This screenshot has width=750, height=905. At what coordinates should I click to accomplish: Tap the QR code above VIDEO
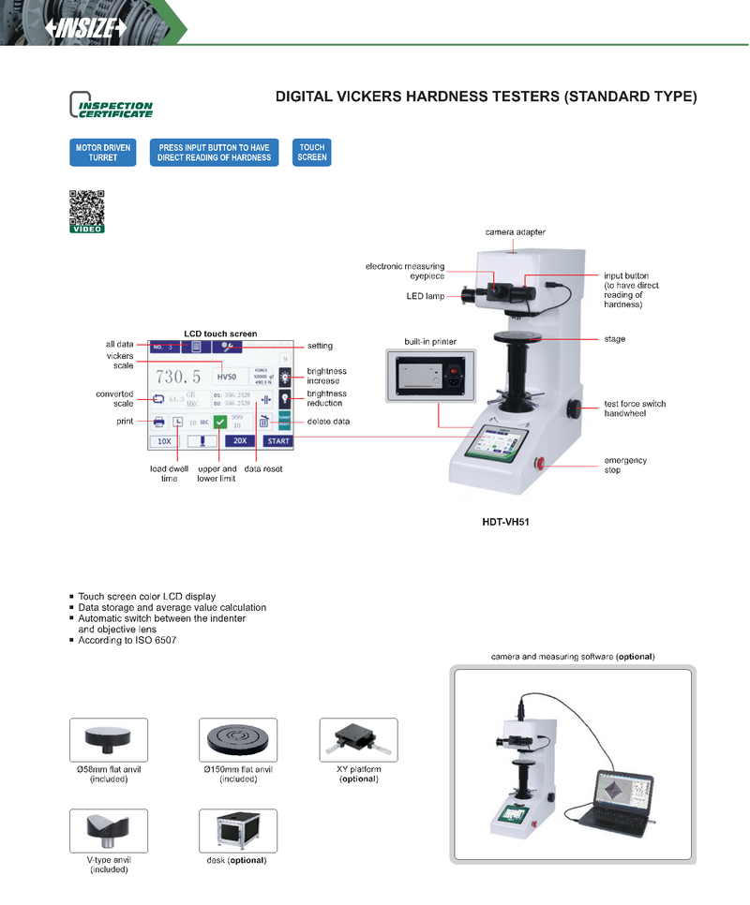(x=86, y=207)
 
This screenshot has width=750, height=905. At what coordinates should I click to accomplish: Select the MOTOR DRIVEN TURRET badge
(x=103, y=153)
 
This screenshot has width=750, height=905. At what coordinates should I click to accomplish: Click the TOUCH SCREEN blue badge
(x=312, y=153)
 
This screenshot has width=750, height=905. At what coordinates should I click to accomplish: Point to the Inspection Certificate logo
(x=111, y=105)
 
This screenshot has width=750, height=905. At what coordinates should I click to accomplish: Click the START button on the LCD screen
(x=277, y=439)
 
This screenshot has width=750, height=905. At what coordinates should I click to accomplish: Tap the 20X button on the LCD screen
(x=240, y=439)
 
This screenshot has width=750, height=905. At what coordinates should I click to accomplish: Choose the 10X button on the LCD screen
(x=164, y=439)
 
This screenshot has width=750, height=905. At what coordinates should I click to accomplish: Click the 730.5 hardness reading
(x=178, y=377)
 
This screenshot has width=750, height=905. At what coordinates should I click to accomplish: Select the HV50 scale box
(x=227, y=377)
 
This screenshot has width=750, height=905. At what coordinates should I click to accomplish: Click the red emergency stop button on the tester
(x=540, y=463)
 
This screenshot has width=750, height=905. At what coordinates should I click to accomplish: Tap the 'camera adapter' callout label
(x=515, y=231)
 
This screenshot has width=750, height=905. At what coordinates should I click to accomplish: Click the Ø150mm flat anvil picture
(x=238, y=741)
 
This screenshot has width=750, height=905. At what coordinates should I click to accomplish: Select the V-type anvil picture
(x=108, y=831)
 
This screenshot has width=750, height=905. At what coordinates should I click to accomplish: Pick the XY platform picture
(x=358, y=741)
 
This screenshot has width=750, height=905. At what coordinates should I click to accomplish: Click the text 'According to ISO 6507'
(x=127, y=641)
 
